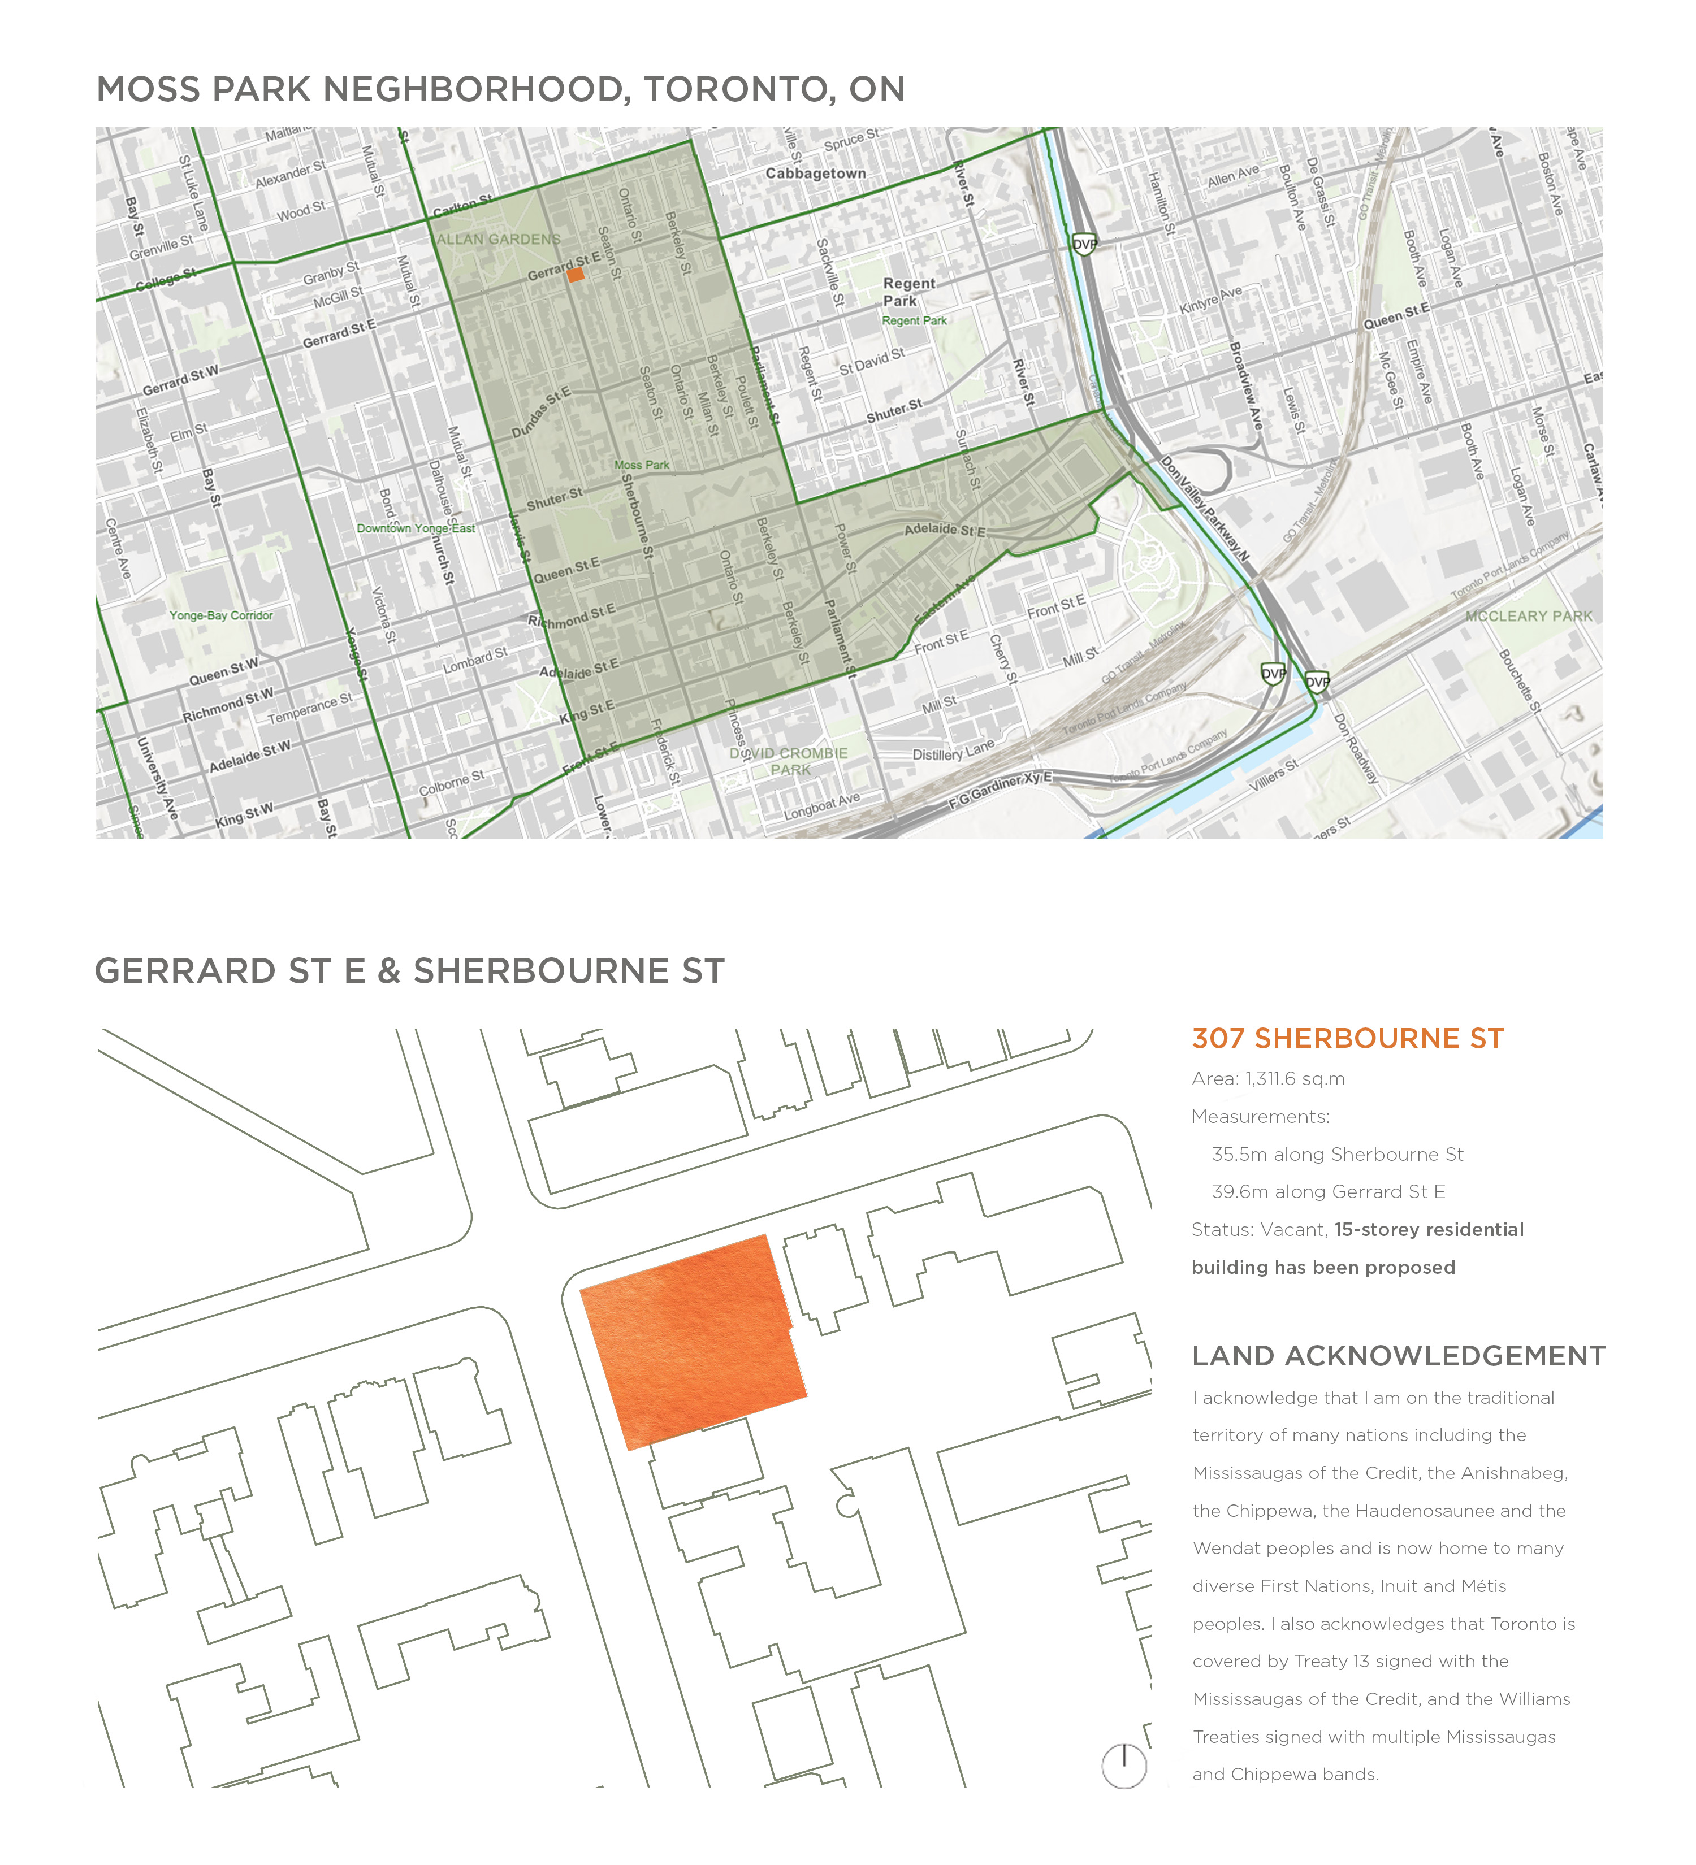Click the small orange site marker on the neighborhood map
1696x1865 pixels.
pyautogui.click(x=574, y=275)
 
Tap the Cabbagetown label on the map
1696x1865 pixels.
pyautogui.click(x=815, y=173)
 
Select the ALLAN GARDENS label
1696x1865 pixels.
pyautogui.click(x=499, y=238)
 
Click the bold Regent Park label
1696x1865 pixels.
pyautogui.click(x=908, y=292)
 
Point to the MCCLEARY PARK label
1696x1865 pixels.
pyautogui.click(x=1529, y=616)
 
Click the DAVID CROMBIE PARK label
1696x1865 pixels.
pyautogui.click(x=788, y=761)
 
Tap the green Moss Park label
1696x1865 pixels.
pyautogui.click(x=641, y=465)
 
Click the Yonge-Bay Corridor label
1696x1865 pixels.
pyautogui.click(x=220, y=615)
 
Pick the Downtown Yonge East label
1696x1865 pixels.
pyautogui.click(x=416, y=528)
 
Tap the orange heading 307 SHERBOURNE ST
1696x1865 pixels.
pyautogui.click(x=1347, y=1038)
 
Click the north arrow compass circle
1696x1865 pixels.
pyautogui.click(x=1123, y=1765)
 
